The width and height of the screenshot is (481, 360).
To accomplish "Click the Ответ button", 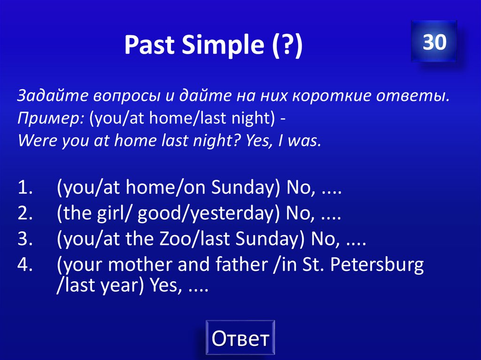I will click(240, 338).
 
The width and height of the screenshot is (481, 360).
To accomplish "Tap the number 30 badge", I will click(434, 42).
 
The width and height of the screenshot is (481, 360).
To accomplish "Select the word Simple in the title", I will click(219, 45).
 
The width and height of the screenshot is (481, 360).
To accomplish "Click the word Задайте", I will click(49, 96).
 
